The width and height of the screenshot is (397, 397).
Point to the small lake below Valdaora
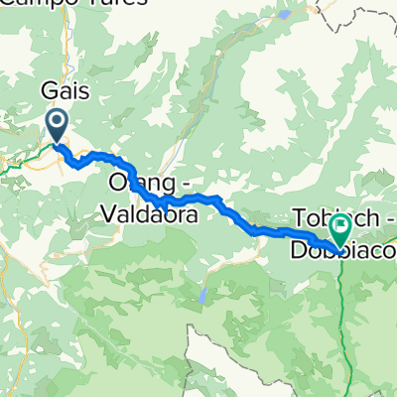pyautogui.click(x=200, y=296)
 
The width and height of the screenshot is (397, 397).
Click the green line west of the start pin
pyautogui.click(x=20, y=159)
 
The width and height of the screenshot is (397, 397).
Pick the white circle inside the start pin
pyautogui.click(x=57, y=123)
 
